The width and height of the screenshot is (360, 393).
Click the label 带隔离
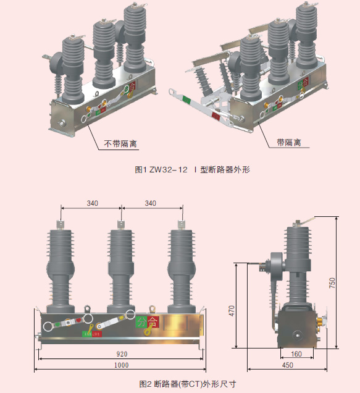tap(288, 143)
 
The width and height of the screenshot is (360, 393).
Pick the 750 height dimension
tap(332, 282)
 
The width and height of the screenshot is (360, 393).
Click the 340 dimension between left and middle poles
tap(91, 203)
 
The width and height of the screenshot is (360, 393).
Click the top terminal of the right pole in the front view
tap(181, 224)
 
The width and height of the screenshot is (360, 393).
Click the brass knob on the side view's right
tap(322, 321)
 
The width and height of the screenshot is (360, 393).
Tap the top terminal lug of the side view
tap(306, 217)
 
